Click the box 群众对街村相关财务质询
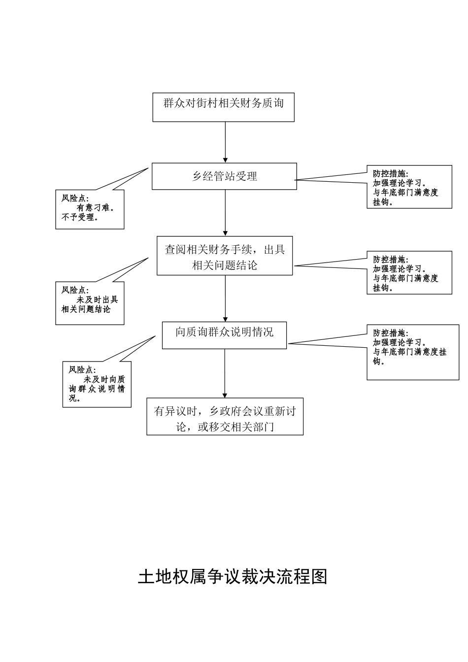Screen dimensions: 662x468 coord(223,107)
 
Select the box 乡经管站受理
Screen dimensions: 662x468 coord(224,176)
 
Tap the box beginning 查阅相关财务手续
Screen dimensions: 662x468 coord(225,256)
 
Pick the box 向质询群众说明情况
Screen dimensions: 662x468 coord(224,335)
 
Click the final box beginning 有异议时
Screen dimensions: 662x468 coord(225,417)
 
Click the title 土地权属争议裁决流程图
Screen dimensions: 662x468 coord(233,576)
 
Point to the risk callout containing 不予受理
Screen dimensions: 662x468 coord(90,210)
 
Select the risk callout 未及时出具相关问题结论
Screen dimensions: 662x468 coord(90,303)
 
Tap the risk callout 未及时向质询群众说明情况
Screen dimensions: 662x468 coord(97,384)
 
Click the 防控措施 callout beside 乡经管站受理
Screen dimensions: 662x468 coord(409,187)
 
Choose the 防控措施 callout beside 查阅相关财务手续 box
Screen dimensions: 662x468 coord(409,273)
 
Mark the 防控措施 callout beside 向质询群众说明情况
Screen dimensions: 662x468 coord(413,352)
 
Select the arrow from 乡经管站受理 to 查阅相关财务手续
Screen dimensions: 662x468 coord(226,213)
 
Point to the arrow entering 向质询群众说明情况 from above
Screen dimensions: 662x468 coord(226,298)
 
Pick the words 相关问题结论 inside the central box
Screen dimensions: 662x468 coord(225,265)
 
